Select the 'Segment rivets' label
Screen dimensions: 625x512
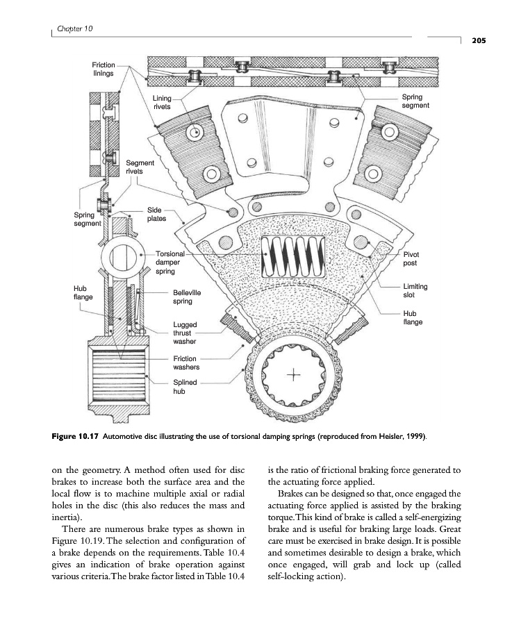(x=140, y=167)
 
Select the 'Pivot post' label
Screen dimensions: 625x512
(x=411, y=259)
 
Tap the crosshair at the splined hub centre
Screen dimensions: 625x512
(x=294, y=376)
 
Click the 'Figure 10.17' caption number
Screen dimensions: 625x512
(x=76, y=436)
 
